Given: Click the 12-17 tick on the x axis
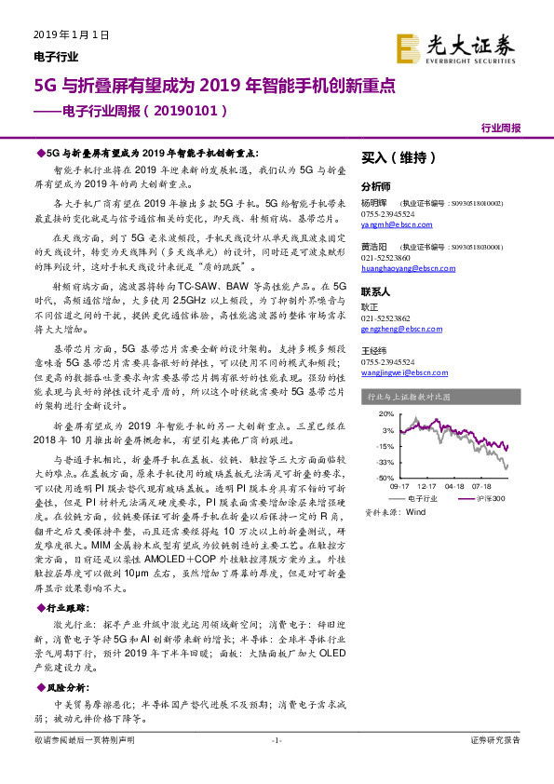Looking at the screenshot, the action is point(427,486).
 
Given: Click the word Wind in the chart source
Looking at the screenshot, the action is point(416,512).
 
